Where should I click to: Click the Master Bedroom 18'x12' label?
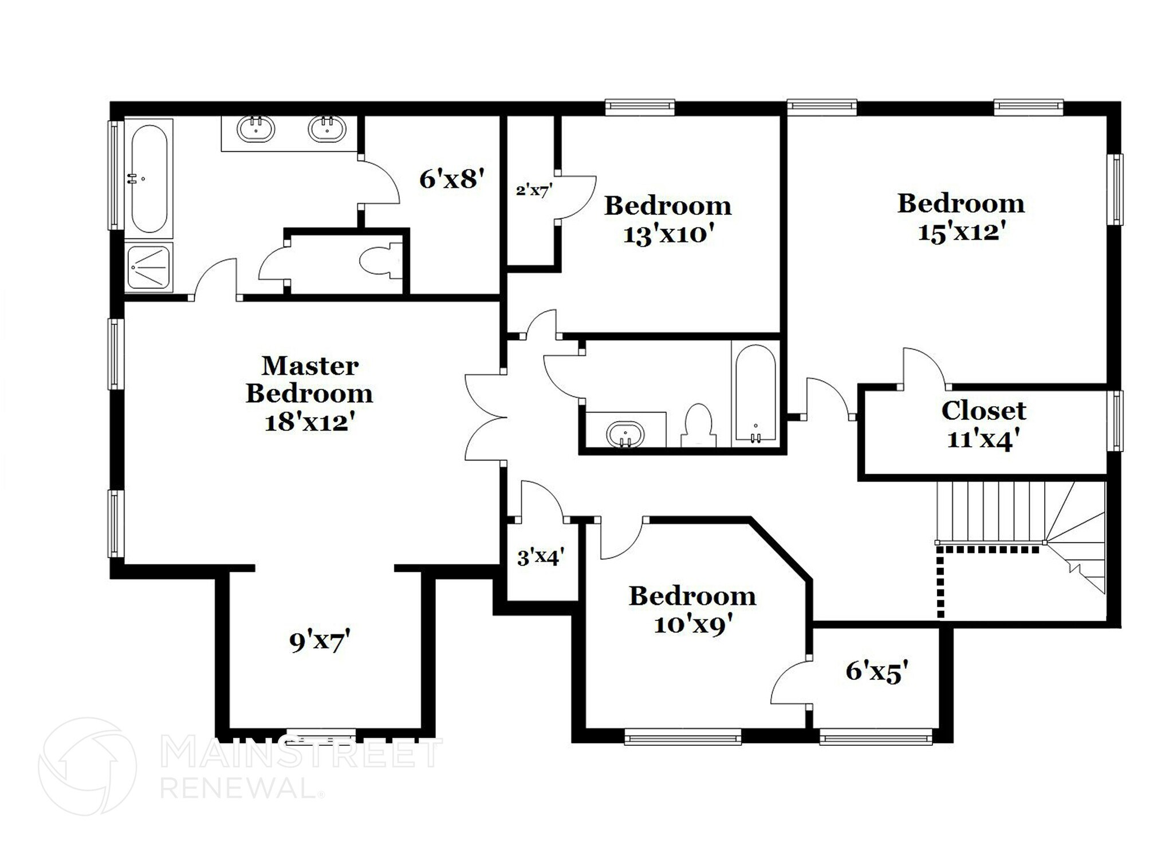309,394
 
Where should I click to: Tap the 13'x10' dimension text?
668,234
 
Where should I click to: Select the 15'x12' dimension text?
962,232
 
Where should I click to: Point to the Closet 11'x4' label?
983,424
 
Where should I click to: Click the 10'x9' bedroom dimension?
693,624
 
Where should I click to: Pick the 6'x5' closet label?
877,670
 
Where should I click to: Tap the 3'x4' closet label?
541,557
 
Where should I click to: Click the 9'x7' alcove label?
320,641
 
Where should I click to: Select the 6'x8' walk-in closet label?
452,179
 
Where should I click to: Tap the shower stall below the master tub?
149,267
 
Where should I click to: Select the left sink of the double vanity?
256,129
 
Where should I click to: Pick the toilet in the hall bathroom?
698,425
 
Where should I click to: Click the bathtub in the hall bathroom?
755,392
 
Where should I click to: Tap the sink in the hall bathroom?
625,434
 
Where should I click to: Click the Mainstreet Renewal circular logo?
88,766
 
